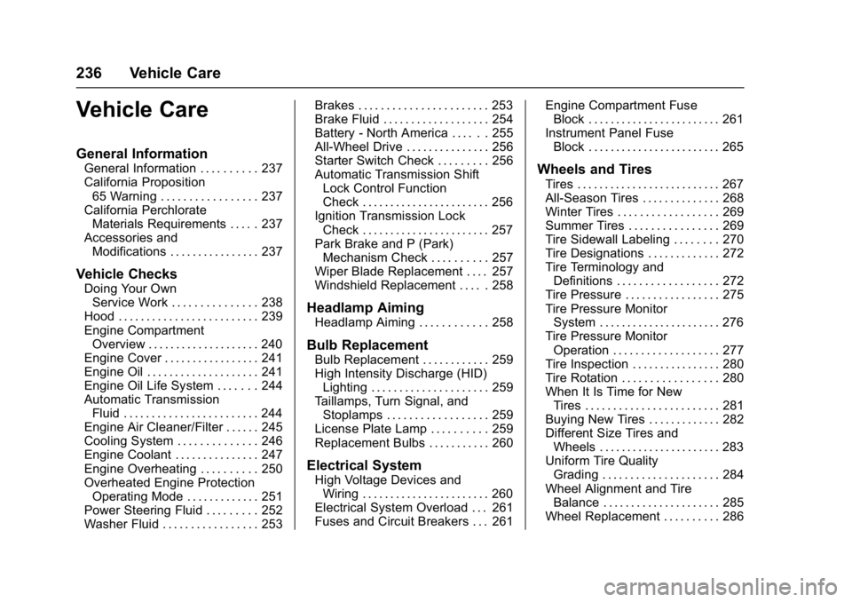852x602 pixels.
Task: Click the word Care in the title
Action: pos(182,110)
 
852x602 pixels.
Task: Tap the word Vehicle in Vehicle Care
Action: pos(113,110)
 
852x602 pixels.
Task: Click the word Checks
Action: pos(153,274)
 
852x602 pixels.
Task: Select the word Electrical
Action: pos(340,465)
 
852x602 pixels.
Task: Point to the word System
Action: pos(398,466)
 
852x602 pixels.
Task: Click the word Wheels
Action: pos(562,170)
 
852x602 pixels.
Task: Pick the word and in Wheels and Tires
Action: pos(602,170)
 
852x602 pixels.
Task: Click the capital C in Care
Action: pos(162,110)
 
